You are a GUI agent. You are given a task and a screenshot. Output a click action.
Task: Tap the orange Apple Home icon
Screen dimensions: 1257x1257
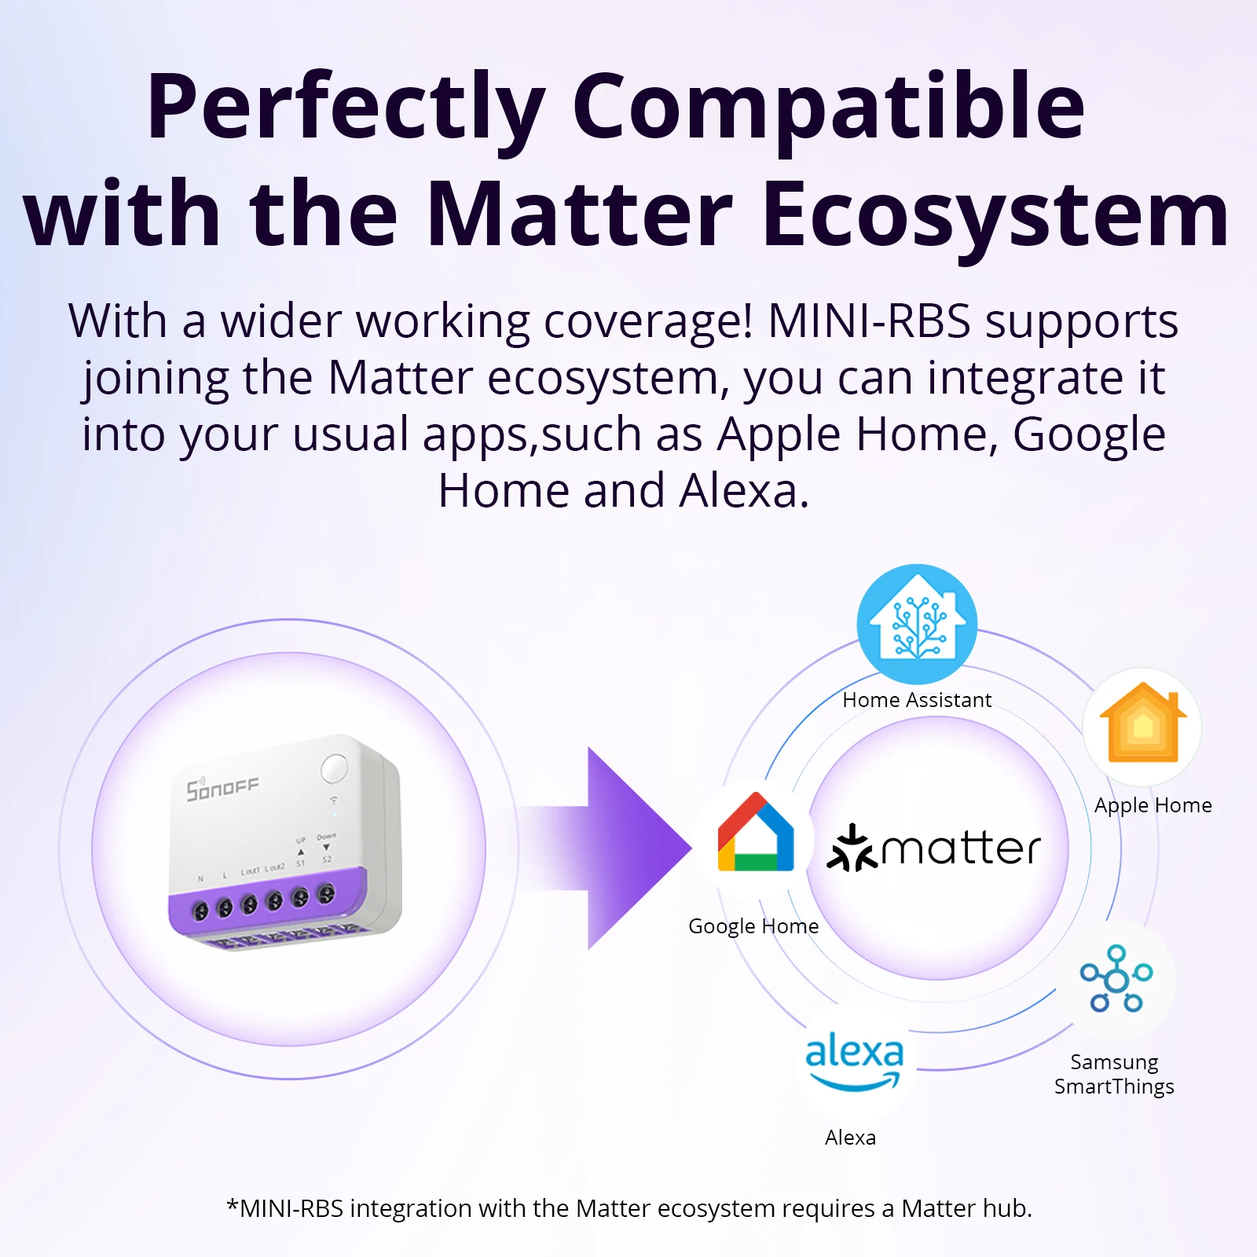pyautogui.click(x=1142, y=727)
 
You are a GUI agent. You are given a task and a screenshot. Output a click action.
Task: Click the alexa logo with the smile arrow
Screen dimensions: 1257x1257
pyautogui.click(x=854, y=1061)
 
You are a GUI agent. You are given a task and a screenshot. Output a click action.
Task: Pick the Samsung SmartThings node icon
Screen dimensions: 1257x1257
pyautogui.click(x=1116, y=979)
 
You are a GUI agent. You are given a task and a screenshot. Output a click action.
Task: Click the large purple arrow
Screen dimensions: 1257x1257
pyautogui.click(x=621, y=848)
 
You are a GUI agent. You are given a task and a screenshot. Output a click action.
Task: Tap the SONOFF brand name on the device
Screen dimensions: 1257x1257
pyautogui.click(x=222, y=788)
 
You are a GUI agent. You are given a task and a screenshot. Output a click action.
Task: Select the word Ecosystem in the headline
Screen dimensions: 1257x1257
pyautogui.click(x=995, y=214)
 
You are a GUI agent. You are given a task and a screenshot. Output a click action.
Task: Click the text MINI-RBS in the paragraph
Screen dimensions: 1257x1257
pyautogui.click(x=869, y=321)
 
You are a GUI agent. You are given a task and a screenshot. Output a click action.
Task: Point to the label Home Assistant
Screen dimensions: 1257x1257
pyautogui.click(x=917, y=700)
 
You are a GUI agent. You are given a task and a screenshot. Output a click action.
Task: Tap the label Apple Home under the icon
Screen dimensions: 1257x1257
pyautogui.click(x=1153, y=805)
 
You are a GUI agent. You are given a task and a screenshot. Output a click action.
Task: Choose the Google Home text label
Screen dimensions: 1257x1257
pyautogui.click(x=753, y=926)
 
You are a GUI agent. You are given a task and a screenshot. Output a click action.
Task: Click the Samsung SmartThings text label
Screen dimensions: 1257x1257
pyautogui.click(x=1114, y=1074)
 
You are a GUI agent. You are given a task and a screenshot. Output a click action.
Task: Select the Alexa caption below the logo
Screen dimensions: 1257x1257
pyautogui.click(x=850, y=1138)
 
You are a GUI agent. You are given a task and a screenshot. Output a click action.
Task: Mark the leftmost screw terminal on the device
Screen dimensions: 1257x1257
pyautogui.click(x=200, y=911)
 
